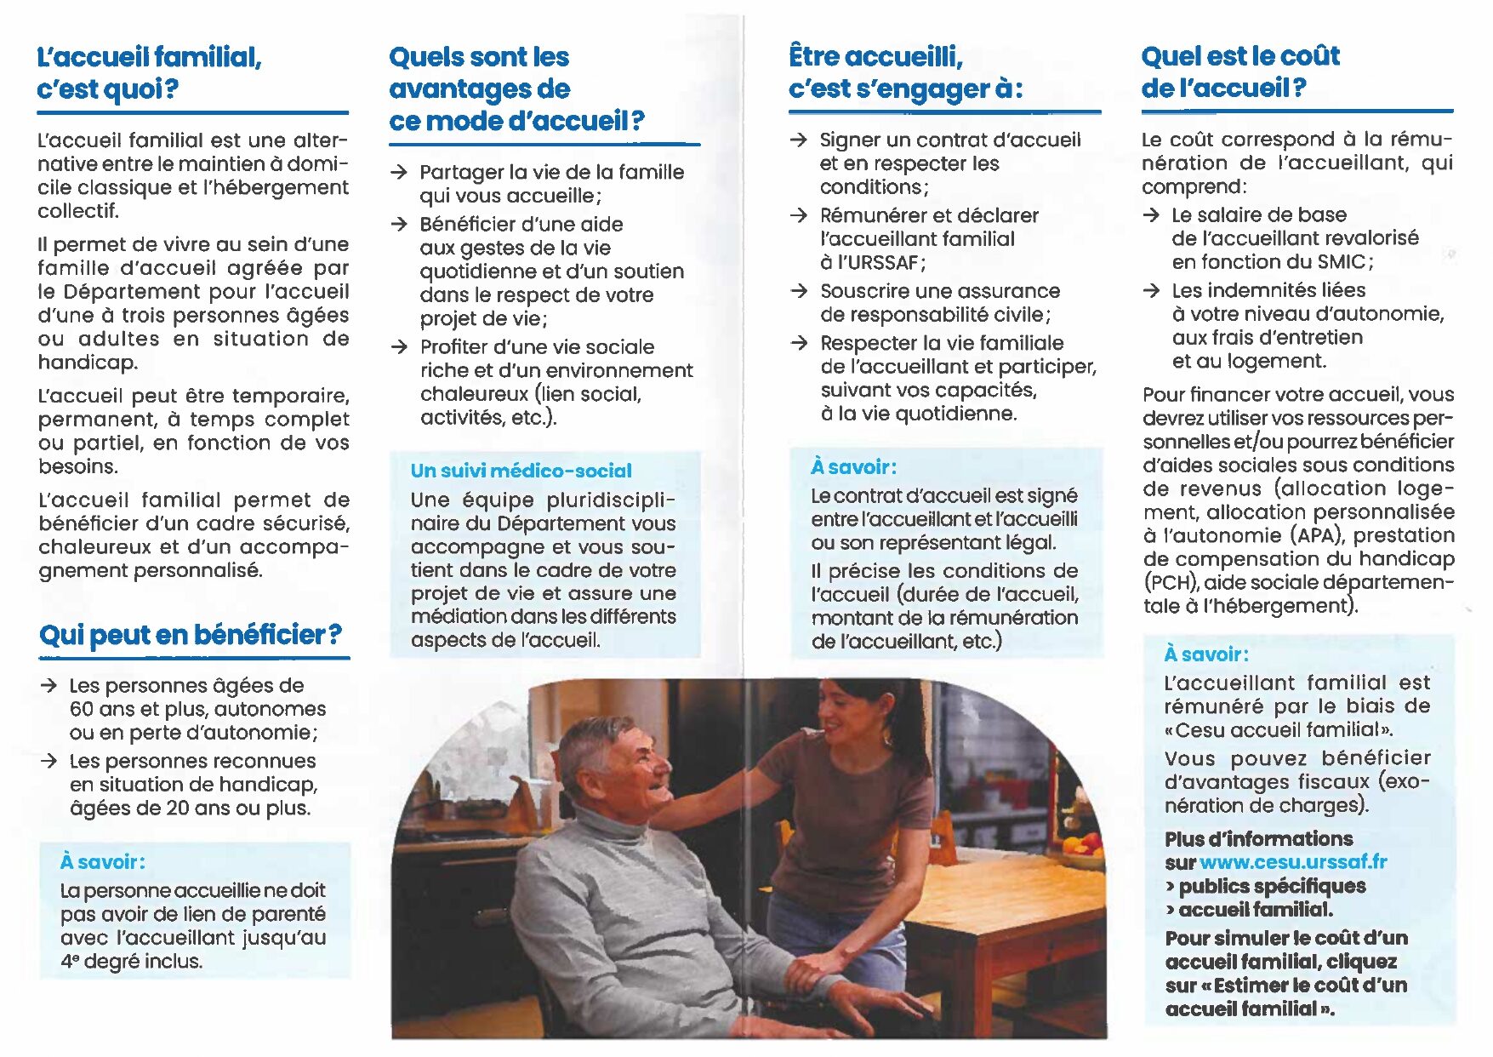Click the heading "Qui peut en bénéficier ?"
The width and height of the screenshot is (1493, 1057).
pyautogui.click(x=190, y=635)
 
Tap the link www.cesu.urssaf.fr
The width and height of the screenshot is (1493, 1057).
pyautogui.click(x=1292, y=862)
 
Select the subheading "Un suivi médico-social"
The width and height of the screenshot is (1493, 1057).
pyautogui.click(x=521, y=471)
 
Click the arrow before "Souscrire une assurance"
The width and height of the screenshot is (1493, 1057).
pyautogui.click(x=798, y=291)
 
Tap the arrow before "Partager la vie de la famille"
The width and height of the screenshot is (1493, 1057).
pyautogui.click(x=398, y=173)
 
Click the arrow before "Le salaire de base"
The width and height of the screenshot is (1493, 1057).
pyautogui.click(x=1151, y=215)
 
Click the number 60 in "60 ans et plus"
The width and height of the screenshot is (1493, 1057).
pyautogui.click(x=82, y=710)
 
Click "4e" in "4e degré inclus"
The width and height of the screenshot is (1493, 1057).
pyautogui.click(x=69, y=962)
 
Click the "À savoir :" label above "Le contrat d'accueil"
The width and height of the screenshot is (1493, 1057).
pyautogui.click(x=853, y=467)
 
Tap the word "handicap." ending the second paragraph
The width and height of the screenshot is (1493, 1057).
pyautogui.click(x=88, y=363)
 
